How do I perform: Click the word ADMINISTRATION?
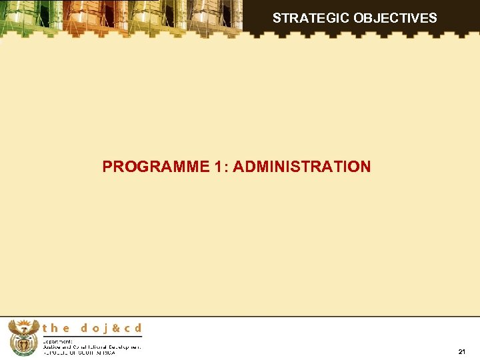click(302, 167)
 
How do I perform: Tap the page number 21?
click(462, 351)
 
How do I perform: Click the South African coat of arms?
click(24, 337)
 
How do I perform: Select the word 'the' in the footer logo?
click(57, 328)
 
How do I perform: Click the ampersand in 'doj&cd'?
click(115, 328)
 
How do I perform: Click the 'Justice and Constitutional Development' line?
click(92, 347)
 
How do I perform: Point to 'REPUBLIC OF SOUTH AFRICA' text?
click(79, 353)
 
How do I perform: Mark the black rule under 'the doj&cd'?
click(92, 336)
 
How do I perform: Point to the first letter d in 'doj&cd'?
click(85, 328)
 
